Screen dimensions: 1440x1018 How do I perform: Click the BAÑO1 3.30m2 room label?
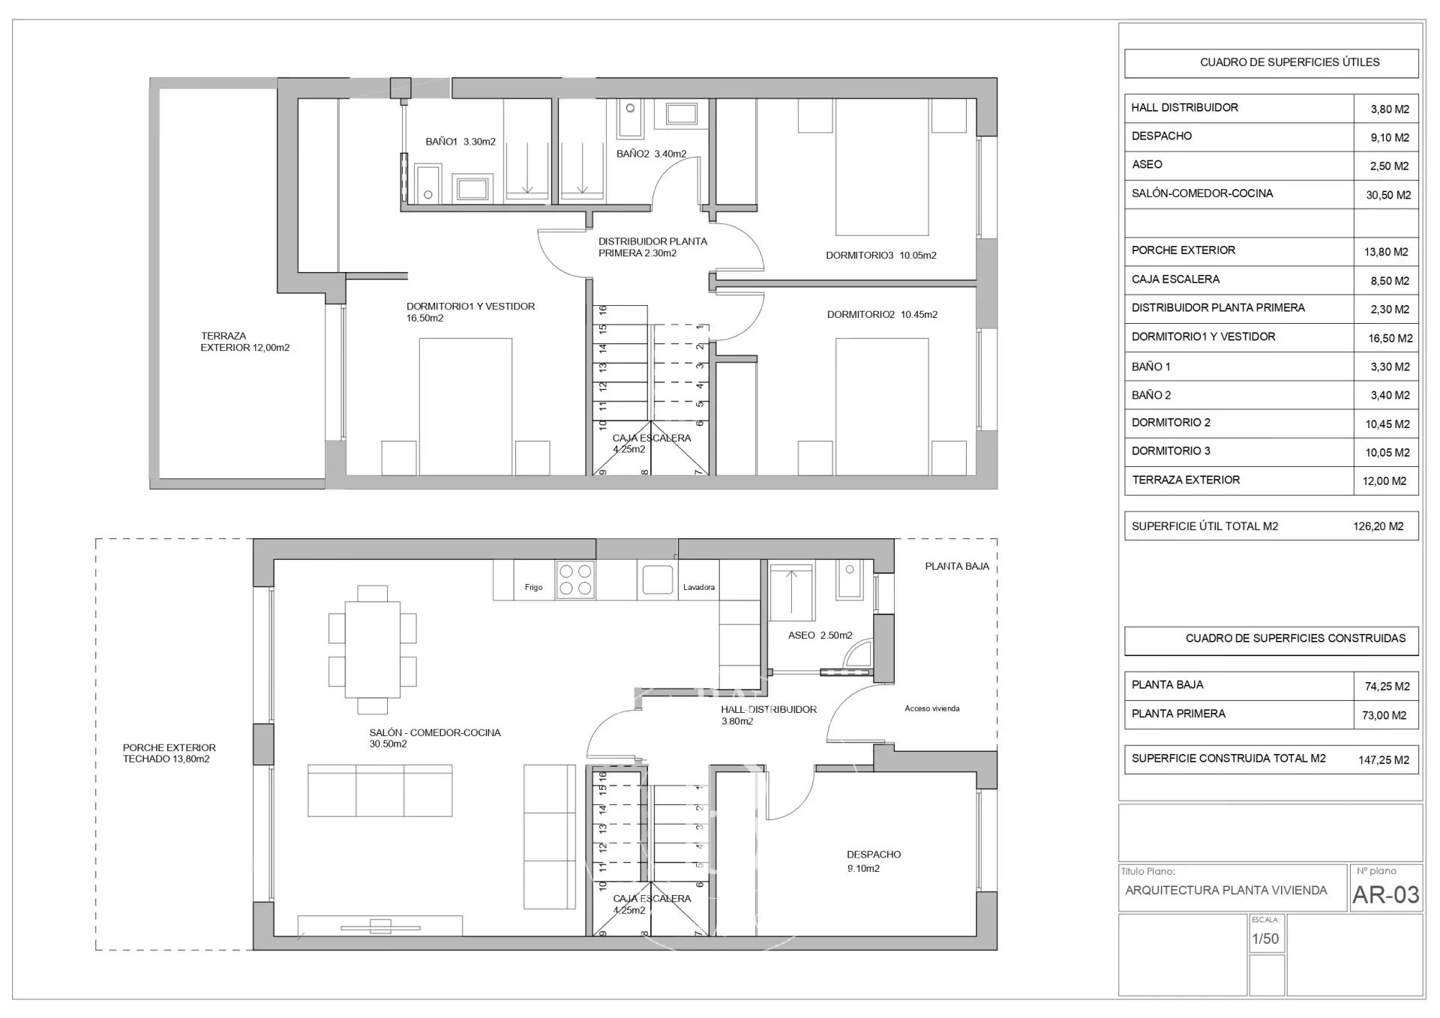click(460, 142)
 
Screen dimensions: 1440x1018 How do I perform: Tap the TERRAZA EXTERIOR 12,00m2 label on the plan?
click(244, 342)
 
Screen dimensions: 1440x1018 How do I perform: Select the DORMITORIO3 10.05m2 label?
click(881, 256)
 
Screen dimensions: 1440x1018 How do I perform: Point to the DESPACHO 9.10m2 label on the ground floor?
click(874, 861)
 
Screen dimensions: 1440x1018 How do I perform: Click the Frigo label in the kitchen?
click(533, 588)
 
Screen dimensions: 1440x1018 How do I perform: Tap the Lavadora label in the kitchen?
click(699, 588)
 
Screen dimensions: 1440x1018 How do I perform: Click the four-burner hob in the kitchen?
click(575, 579)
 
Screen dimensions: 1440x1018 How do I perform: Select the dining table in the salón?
click(373, 649)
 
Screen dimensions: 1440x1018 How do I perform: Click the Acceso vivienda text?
click(932, 708)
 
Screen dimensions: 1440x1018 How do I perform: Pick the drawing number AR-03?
click(1386, 895)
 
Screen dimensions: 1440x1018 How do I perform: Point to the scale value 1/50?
click(1265, 939)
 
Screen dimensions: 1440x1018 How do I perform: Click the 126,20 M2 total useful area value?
click(1378, 526)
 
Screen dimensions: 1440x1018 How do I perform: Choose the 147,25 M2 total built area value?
click(1384, 760)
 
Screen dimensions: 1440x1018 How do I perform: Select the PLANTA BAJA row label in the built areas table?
click(1168, 685)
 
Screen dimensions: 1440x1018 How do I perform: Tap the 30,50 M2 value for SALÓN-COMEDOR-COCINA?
click(1388, 196)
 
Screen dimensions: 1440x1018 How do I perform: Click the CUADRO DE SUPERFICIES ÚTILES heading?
click(1290, 62)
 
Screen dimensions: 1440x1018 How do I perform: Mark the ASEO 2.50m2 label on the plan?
click(820, 636)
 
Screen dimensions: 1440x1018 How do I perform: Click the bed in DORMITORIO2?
click(882, 406)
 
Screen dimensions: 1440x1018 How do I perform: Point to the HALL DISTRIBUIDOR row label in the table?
click(1185, 108)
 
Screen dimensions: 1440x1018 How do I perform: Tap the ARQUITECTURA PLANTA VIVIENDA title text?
click(1226, 891)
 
